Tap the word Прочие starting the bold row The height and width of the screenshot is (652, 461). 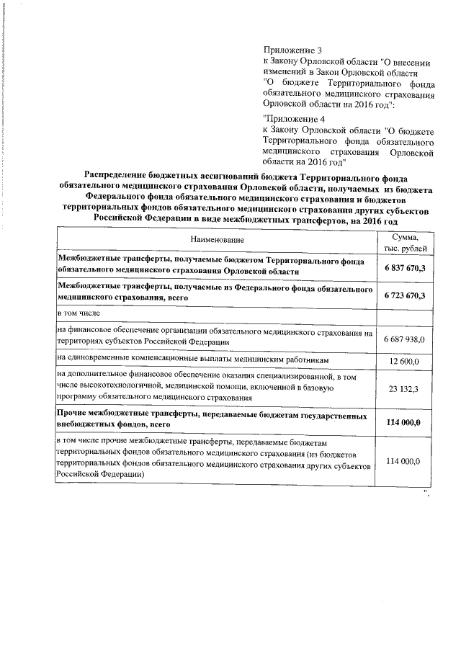[74, 416]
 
